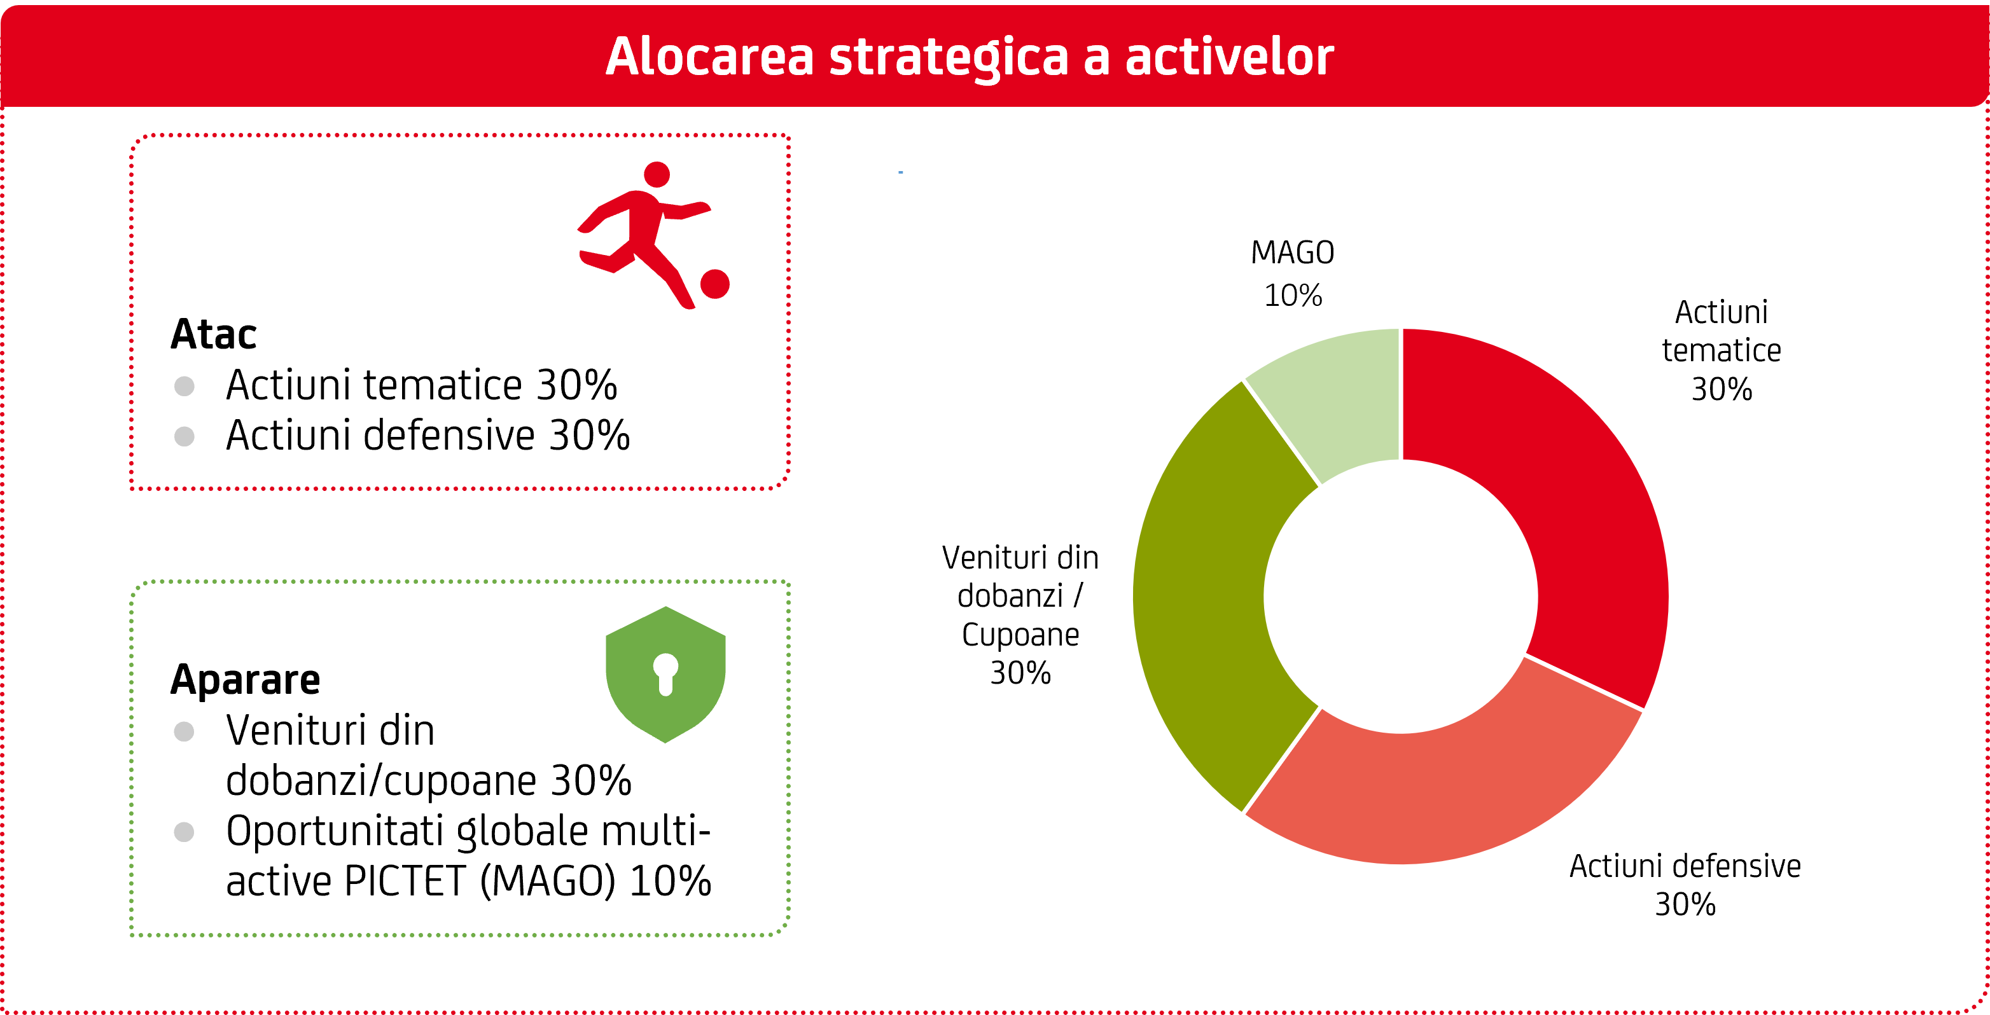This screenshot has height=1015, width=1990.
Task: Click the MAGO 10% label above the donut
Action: point(1293,273)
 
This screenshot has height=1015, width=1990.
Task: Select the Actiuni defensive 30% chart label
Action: point(1685,885)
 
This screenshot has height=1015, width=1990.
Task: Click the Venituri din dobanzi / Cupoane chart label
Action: point(1020,615)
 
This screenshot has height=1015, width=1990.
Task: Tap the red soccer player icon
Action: point(653,235)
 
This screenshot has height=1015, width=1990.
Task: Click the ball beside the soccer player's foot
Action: point(714,284)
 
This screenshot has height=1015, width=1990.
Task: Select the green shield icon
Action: point(665,674)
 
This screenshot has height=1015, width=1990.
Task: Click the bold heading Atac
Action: point(213,334)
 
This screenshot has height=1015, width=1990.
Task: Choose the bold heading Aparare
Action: point(245,680)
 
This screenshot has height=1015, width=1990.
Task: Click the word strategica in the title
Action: point(948,58)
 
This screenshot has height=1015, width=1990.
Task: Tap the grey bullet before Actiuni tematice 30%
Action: point(184,385)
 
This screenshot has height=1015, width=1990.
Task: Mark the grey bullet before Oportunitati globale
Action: point(184,832)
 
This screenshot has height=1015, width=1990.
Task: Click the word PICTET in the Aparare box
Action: point(405,881)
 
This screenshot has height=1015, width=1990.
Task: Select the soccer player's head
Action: point(657,175)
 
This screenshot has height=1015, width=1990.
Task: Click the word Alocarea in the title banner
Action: point(710,57)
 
